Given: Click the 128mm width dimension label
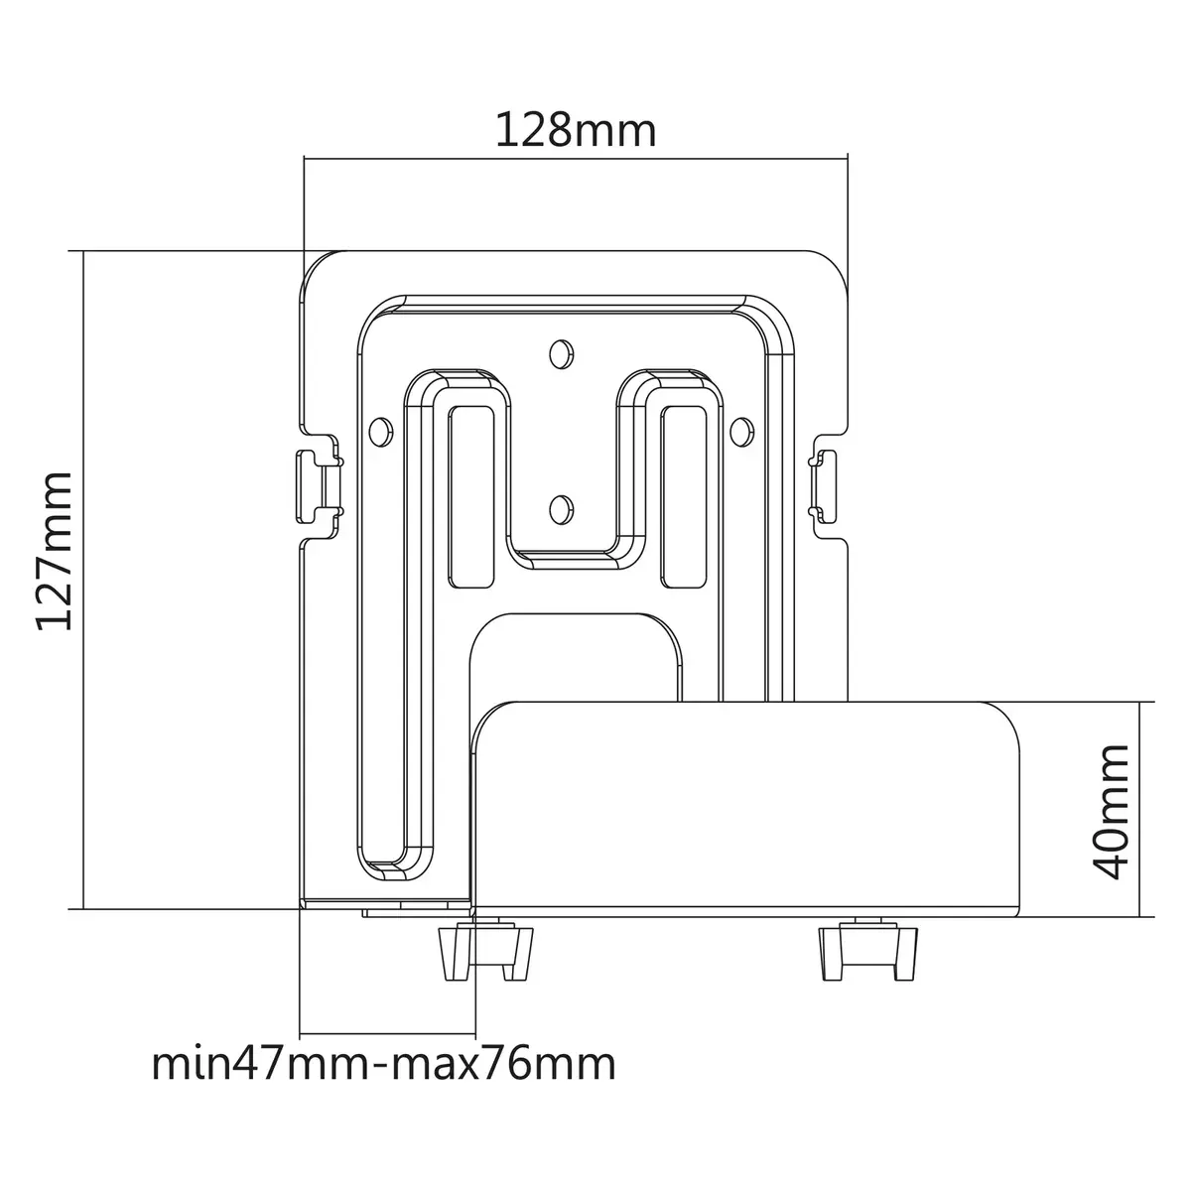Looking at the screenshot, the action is point(576,130).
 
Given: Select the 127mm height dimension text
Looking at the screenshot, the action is point(56,551).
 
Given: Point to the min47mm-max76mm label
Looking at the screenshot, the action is point(384,1064).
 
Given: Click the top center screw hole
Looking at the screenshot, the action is point(561,354).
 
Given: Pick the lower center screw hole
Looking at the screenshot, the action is point(561,509).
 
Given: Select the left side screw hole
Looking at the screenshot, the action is point(381,432).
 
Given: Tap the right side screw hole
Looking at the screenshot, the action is point(741,432).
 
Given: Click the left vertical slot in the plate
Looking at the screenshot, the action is point(471,497).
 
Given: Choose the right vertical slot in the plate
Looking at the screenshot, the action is point(684,497).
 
